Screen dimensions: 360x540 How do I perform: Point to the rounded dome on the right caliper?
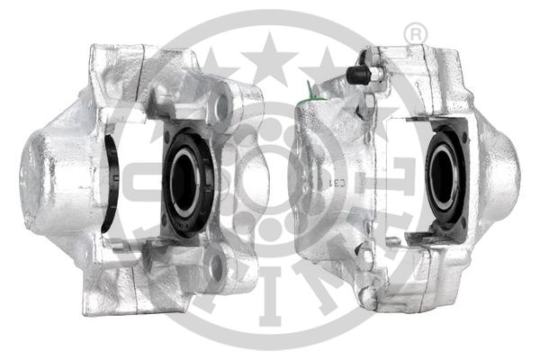(x=499, y=167)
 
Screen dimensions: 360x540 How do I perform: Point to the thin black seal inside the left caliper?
(x=111, y=184)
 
